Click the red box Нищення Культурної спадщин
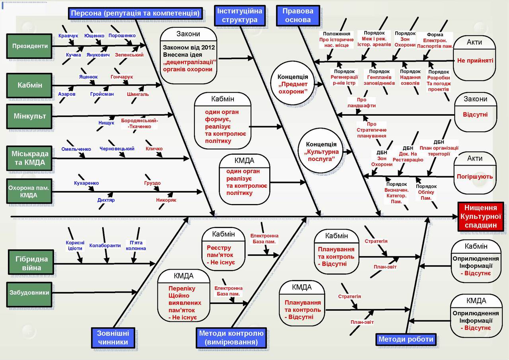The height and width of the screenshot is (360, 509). pos(480,216)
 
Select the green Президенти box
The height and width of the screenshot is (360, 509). pos(29,46)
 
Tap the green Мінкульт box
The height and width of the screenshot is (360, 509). pos(29,117)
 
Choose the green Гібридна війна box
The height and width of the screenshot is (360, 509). pos(29,263)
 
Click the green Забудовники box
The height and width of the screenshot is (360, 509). pos(29,293)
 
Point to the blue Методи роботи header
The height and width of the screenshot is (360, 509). pos(406,339)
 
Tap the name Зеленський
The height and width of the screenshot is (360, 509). pos(129,55)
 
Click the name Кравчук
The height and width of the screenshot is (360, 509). pos(68,36)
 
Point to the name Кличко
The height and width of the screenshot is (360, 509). pos(154,149)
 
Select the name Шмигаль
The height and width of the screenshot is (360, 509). pos(138,94)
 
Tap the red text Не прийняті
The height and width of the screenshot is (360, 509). pos(475,61)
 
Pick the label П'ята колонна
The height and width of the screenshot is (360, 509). pos(136,245)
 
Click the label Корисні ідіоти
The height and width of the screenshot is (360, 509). pos(75,245)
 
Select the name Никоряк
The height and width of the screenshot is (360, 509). pos(166,200)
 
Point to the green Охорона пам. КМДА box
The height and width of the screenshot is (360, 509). pos(29,191)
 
